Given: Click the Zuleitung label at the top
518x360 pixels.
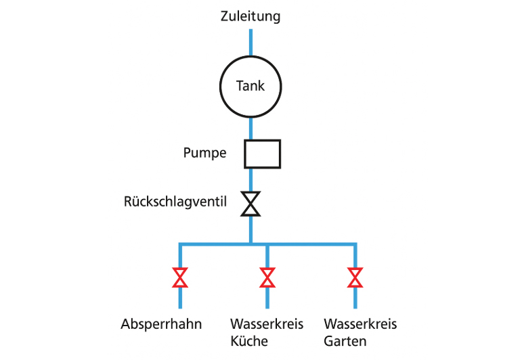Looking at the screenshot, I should point(250,16).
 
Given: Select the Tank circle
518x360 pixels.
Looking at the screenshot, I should point(251,86).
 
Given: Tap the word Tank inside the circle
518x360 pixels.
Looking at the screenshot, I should point(251,86).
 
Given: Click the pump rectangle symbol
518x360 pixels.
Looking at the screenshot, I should point(262,154).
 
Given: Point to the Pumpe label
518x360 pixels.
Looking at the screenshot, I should point(204,153).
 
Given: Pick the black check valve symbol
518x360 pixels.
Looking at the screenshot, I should point(251,204).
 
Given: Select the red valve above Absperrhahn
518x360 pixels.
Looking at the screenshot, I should point(180,277).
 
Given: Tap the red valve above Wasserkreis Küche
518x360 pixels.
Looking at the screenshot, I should point(267,277).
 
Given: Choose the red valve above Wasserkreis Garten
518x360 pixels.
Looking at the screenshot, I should point(355,277).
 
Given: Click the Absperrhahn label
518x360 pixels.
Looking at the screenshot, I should point(161,324).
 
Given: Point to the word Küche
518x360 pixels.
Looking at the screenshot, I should point(249,340).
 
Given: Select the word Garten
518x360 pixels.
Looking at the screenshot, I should point(345,340).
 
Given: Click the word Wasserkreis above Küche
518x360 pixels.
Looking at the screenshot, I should point(267,324).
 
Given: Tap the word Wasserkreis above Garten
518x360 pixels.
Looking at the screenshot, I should point(360,324).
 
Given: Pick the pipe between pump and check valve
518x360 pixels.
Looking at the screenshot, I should point(251,179).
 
